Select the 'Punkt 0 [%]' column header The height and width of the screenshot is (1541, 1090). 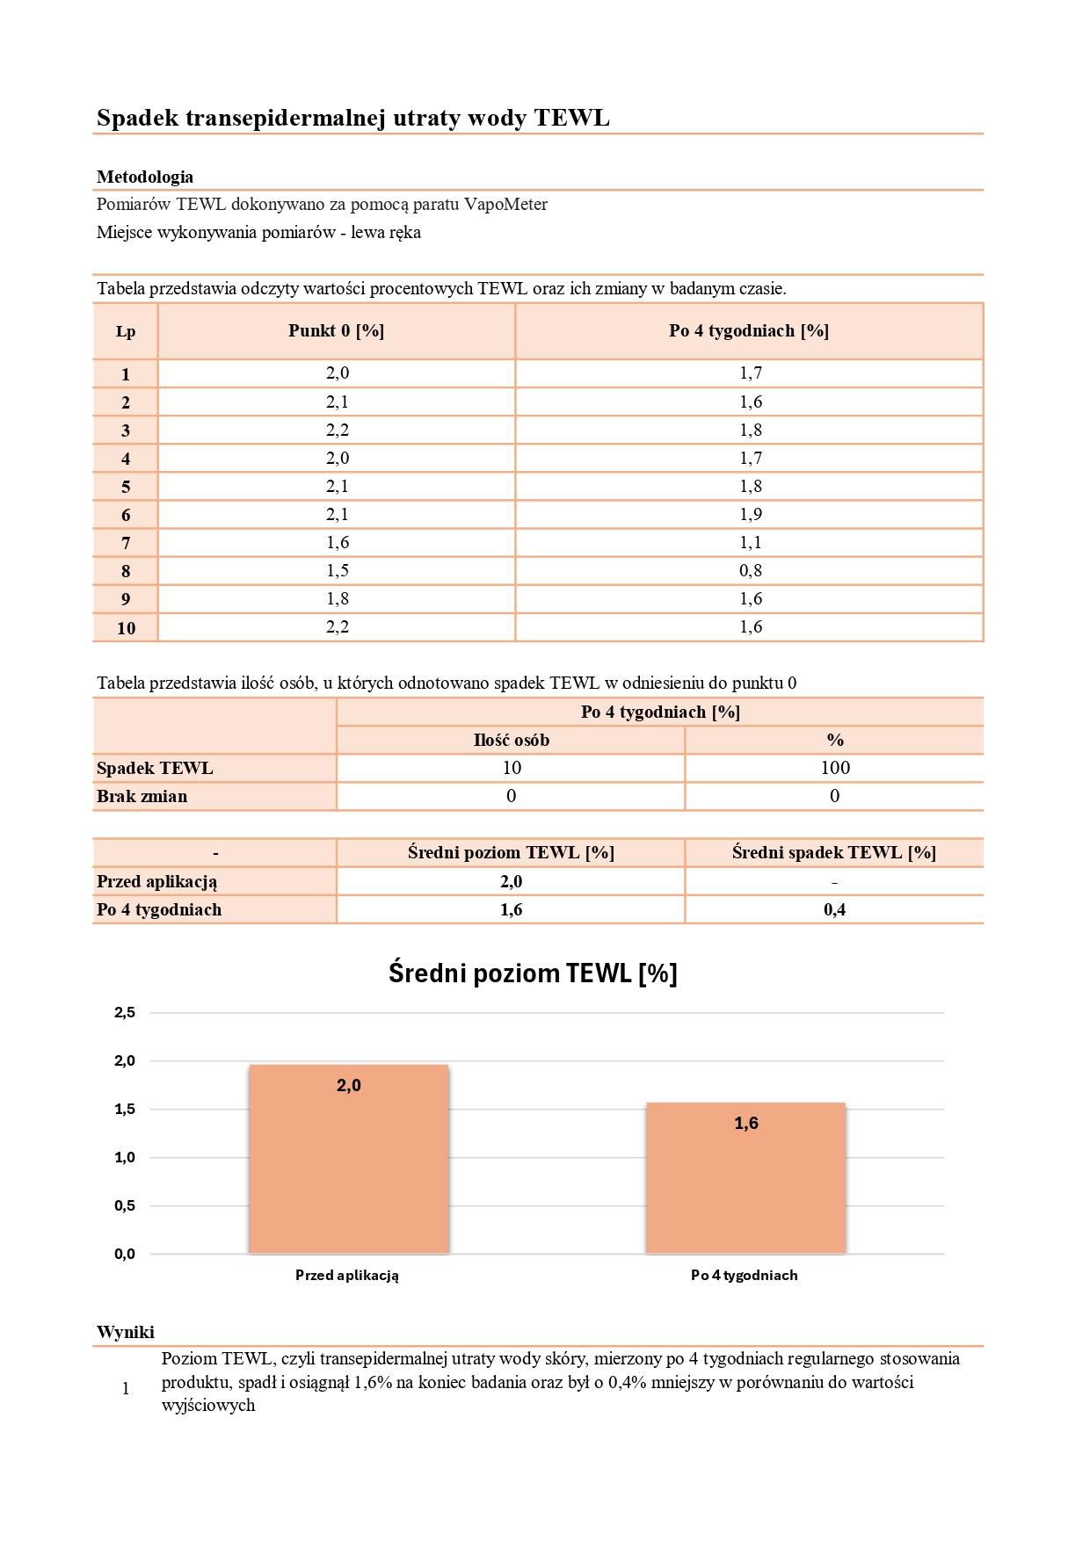(x=336, y=331)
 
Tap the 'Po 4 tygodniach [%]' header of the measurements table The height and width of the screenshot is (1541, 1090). (x=748, y=331)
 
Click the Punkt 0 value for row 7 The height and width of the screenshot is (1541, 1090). (x=338, y=543)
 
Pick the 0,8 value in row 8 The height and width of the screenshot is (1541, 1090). (x=751, y=571)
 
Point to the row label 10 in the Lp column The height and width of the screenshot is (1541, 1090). (x=126, y=628)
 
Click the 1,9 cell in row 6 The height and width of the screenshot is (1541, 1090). (x=751, y=515)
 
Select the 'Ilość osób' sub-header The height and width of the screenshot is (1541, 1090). (x=511, y=741)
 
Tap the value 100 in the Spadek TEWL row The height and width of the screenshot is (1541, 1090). (x=834, y=768)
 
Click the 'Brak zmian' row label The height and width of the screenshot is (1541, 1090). (x=142, y=797)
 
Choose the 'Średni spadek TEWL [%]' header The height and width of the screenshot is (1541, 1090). (x=833, y=853)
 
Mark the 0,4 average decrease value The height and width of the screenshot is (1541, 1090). (x=834, y=910)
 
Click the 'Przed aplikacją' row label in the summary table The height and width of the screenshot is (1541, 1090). (x=156, y=882)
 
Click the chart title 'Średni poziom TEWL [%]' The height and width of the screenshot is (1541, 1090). (x=533, y=973)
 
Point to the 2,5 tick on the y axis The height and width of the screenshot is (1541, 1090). (x=125, y=1013)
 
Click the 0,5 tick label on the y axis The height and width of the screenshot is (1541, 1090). (x=125, y=1206)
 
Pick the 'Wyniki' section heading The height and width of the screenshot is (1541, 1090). (x=126, y=1332)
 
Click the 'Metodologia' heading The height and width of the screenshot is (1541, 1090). (x=145, y=177)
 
